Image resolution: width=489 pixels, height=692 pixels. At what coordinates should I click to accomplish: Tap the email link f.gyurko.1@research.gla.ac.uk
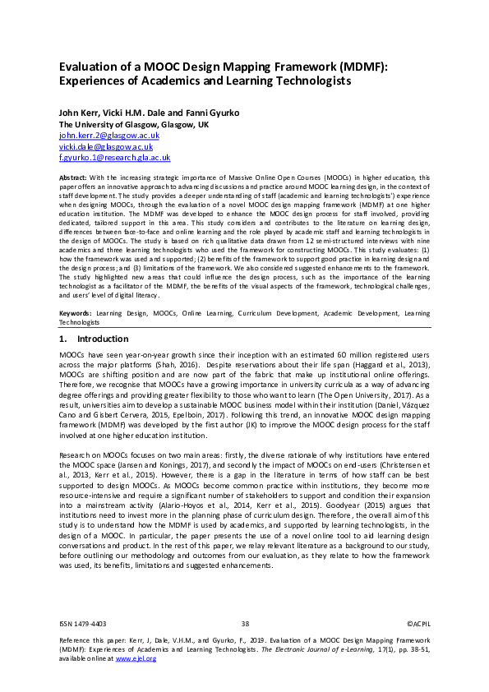coord(114,157)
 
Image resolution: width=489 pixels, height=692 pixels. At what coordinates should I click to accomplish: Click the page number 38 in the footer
coord(245,625)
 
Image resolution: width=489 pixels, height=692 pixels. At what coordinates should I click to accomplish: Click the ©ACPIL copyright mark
coord(418,625)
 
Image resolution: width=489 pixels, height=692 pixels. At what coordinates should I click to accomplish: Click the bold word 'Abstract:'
coord(76,178)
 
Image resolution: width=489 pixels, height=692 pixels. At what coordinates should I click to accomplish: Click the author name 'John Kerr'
coord(79,112)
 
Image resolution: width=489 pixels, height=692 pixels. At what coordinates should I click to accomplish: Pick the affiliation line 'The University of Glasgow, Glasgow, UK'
coord(133,123)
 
